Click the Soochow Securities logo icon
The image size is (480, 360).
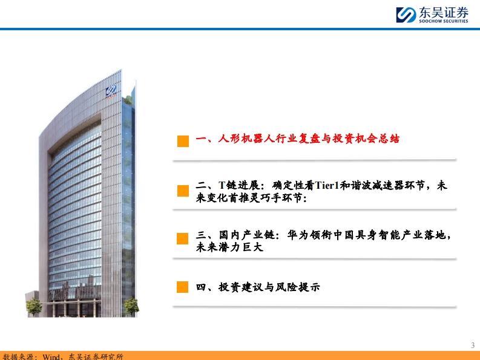pyautogui.click(x=406, y=15)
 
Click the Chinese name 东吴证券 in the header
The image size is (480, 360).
pyautogui.click(x=444, y=13)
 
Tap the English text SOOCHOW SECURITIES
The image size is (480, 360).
pyautogui.click(x=444, y=21)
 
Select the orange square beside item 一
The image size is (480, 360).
pyautogui.click(x=183, y=141)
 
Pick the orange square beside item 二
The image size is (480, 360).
pyautogui.click(x=183, y=191)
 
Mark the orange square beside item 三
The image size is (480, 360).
pyautogui.click(x=182, y=238)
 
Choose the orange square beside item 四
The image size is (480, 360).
pyautogui.click(x=182, y=287)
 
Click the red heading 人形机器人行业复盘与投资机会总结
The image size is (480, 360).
pyautogui.click(x=309, y=139)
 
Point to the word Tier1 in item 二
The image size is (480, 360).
pyautogui.click(x=327, y=185)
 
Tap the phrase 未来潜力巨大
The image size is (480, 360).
pyautogui.click(x=229, y=247)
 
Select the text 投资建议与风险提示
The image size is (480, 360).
pyautogui.click(x=269, y=287)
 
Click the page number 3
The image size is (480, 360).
pyautogui.click(x=473, y=345)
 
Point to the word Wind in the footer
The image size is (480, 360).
pyautogui.click(x=51, y=356)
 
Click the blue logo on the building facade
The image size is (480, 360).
pyautogui.click(x=111, y=91)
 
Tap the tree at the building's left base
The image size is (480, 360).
pyautogui.click(x=33, y=307)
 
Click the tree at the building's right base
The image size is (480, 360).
pyautogui.click(x=131, y=306)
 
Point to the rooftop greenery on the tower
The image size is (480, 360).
pyautogui.click(x=128, y=100)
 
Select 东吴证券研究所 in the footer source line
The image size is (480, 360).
pyautogui.click(x=96, y=356)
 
